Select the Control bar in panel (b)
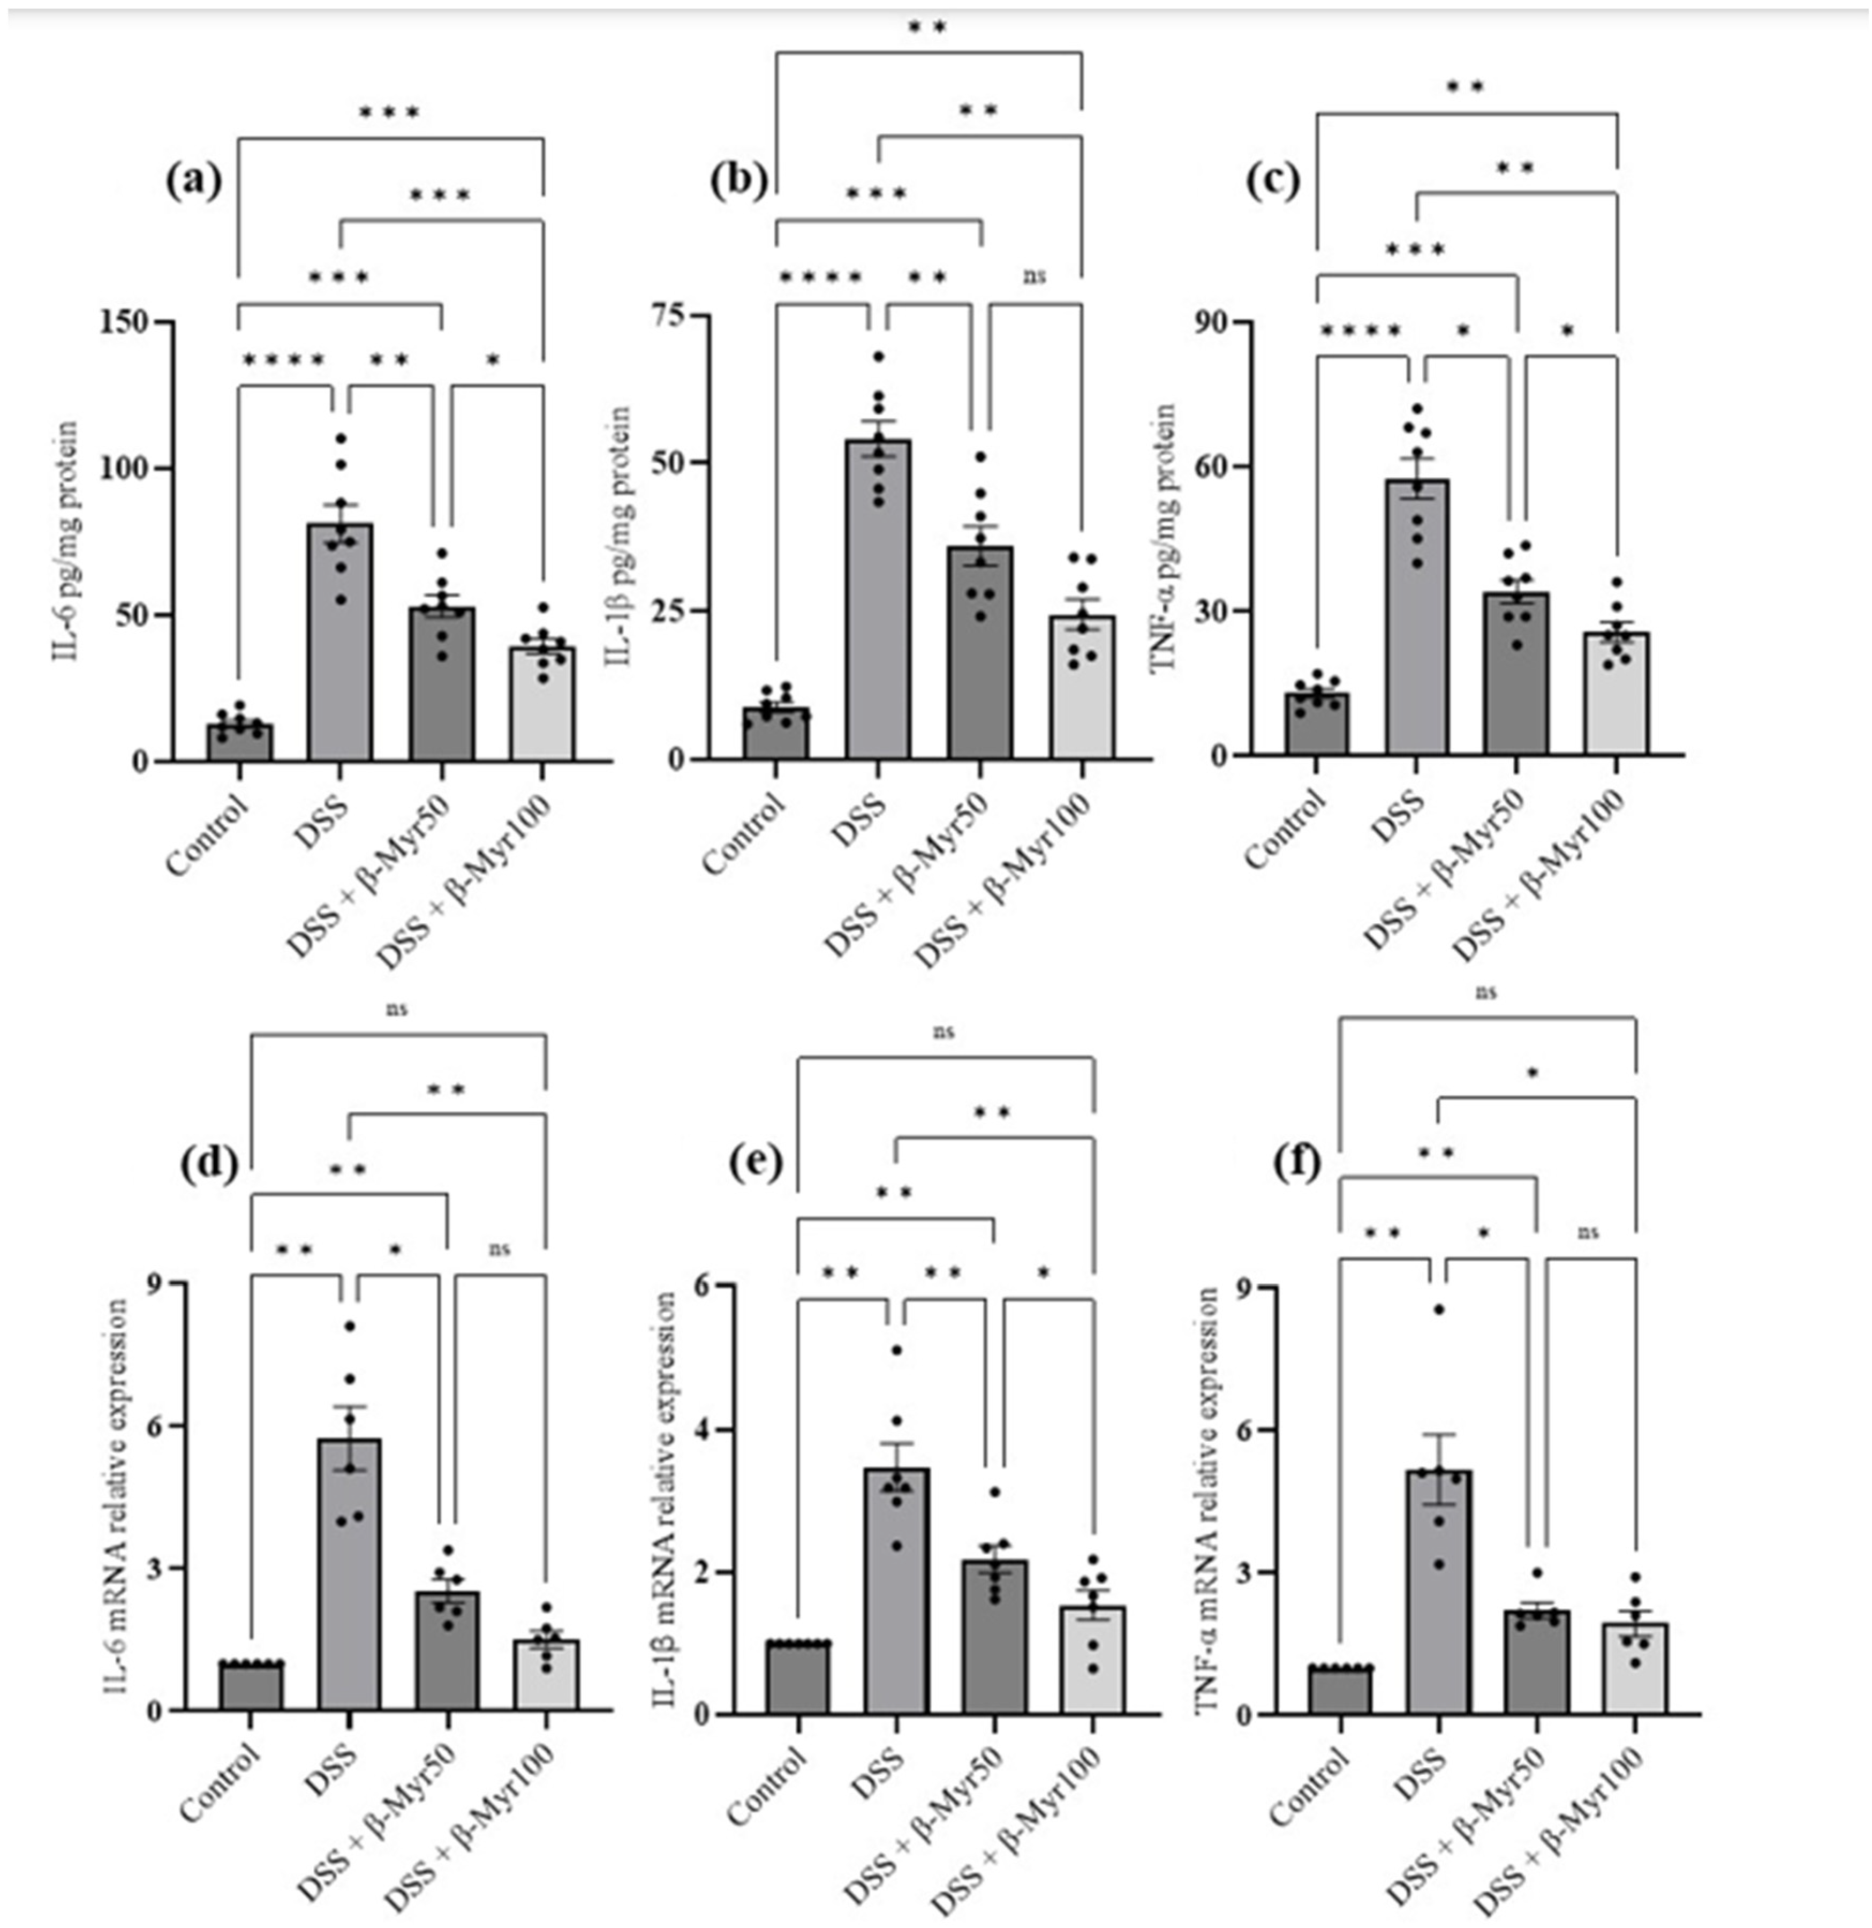coord(775,733)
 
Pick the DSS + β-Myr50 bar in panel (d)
coord(448,1653)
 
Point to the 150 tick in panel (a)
coord(123,322)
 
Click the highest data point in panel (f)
coord(1438,1308)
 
